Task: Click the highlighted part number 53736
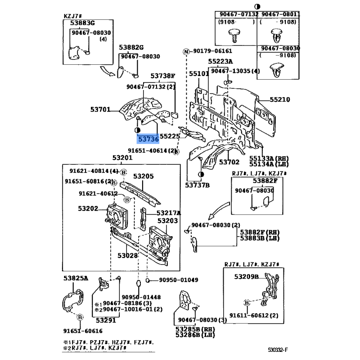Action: tap(148, 140)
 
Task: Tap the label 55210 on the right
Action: tap(279, 100)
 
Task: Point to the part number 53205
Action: tap(143, 176)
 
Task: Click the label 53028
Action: tap(128, 255)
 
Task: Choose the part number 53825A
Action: tap(76, 279)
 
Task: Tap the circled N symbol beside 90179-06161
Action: tap(185, 51)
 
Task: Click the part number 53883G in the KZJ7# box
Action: tap(82, 23)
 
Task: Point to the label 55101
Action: tap(198, 73)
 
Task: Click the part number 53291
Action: tap(106, 320)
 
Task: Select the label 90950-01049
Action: tap(178, 280)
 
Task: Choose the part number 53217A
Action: tap(168, 213)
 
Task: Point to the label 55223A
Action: tap(220, 61)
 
